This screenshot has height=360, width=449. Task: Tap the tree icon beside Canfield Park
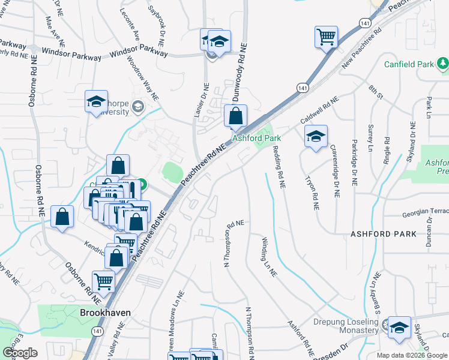(x=442, y=62)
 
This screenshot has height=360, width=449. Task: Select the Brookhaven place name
(x=105, y=313)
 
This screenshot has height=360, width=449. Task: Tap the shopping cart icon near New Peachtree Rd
(x=326, y=37)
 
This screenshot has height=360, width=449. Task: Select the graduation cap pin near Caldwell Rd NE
(x=316, y=136)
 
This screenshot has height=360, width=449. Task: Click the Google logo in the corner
(x=20, y=353)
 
